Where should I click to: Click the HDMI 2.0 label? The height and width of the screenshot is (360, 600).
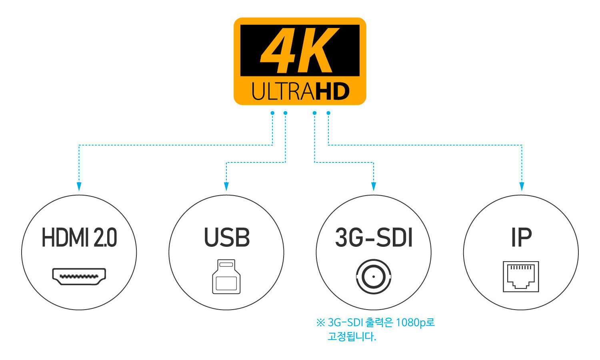coord(79,237)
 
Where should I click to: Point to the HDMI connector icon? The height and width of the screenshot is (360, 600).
coord(79,276)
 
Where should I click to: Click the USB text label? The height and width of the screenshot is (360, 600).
coord(227,237)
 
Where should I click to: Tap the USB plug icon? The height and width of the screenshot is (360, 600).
coord(226,276)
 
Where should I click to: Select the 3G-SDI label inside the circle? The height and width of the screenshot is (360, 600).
coord(374,237)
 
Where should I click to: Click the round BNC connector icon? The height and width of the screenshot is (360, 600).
coord(374,276)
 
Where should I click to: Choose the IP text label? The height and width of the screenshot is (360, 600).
coord(521,237)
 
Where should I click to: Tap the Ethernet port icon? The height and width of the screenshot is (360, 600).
coord(521,276)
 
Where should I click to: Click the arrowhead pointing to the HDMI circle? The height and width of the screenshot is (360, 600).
coord(79,186)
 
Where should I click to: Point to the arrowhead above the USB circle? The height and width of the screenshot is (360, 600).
coord(226,186)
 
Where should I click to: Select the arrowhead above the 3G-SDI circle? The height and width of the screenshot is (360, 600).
coord(374,186)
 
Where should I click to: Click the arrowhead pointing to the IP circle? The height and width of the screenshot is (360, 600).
coord(522,186)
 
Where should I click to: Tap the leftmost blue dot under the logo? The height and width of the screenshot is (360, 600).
coord(272,113)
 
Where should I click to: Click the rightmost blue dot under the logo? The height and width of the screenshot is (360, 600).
coord(328,113)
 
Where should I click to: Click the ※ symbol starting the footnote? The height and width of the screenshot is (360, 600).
coord(321,323)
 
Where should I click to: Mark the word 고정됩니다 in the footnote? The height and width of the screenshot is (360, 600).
coord(352,336)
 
